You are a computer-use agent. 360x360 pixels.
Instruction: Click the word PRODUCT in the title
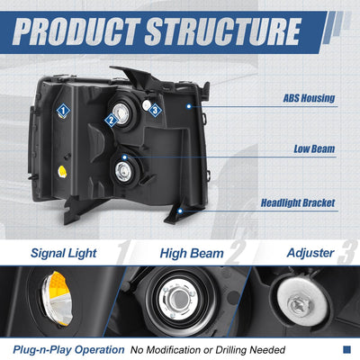[76, 31]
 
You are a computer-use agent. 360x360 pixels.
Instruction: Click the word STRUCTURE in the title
[223, 31]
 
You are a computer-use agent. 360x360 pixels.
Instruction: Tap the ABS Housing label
[309, 98]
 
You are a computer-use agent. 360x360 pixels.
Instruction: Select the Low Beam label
[314, 149]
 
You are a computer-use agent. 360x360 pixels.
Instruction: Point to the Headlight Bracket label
[298, 203]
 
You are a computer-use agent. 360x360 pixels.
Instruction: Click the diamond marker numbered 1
[63, 111]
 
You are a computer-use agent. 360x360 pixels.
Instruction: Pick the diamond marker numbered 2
[112, 121]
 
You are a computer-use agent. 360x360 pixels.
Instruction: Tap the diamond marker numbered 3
[155, 111]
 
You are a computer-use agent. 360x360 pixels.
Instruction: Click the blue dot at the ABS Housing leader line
[189, 106]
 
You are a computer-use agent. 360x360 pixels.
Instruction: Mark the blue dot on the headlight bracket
[180, 211]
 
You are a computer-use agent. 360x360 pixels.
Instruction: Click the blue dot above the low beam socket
[125, 157]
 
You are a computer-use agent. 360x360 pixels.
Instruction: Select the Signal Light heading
[64, 253]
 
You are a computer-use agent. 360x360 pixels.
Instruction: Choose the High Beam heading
[192, 254]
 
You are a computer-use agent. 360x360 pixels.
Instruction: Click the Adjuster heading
[310, 253]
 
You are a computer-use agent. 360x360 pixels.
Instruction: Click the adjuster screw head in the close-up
[301, 304]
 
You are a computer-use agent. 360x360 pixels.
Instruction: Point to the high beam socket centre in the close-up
[179, 300]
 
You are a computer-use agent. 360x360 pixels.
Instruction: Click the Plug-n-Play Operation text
[68, 350]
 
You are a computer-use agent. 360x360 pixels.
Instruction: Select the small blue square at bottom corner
[346, 349]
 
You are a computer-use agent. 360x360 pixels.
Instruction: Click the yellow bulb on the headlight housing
[62, 172]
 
